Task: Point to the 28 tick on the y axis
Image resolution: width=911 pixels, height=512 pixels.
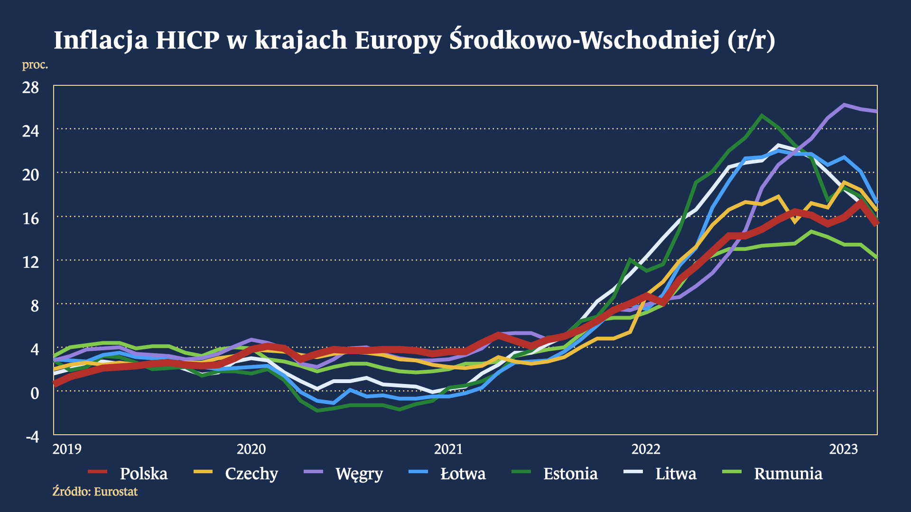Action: pyautogui.click(x=31, y=87)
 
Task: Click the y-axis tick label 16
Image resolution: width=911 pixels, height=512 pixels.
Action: pyautogui.click(x=31, y=218)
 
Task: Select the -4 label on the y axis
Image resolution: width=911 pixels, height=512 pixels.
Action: pyautogui.click(x=32, y=437)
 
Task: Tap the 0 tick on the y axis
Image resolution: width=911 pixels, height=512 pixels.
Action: pyautogui.click(x=34, y=393)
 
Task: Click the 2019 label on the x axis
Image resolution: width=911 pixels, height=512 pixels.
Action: pyautogui.click(x=67, y=449)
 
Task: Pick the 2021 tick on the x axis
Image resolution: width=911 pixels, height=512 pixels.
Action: pyautogui.click(x=448, y=449)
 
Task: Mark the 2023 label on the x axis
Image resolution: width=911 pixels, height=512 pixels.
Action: pyautogui.click(x=843, y=449)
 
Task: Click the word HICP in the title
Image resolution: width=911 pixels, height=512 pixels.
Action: pyautogui.click(x=187, y=40)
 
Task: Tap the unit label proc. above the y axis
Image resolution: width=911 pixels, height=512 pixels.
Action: pyautogui.click(x=35, y=64)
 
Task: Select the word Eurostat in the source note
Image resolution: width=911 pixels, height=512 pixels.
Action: pyautogui.click(x=116, y=492)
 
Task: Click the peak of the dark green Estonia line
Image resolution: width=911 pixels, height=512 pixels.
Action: pyautogui.click(x=762, y=115)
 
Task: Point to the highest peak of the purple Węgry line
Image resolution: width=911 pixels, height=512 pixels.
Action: pyautogui.click(x=844, y=104)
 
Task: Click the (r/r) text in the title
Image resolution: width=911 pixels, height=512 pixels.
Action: pyautogui.click(x=752, y=40)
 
